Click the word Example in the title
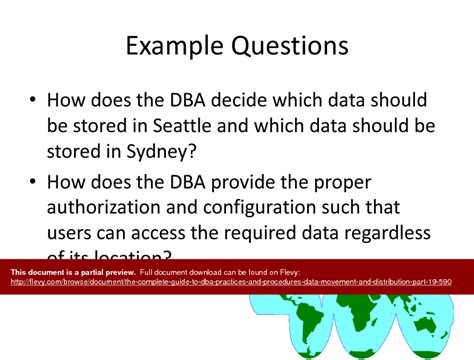point(180,46)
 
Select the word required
point(264,233)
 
